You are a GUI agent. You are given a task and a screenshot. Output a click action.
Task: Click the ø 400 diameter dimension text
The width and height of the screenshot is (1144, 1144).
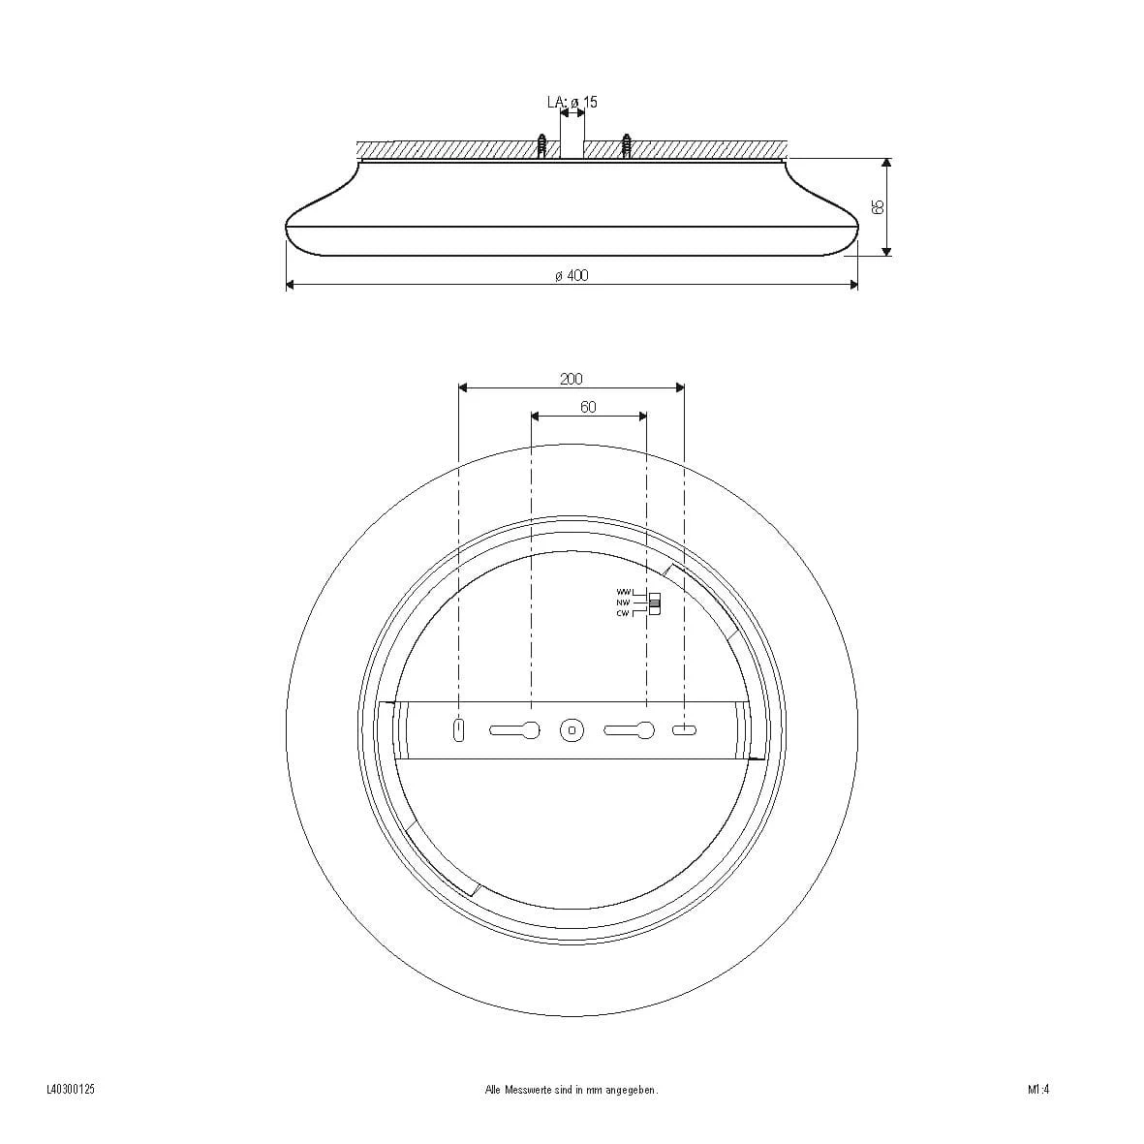pos(572,275)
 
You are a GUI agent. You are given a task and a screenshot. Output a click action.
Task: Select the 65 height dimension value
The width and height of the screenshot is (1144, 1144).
pos(879,206)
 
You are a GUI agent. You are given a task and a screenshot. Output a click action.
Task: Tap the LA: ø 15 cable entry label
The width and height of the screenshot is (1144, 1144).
pos(572,102)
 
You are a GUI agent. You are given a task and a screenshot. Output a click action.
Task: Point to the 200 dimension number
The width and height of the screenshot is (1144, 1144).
pos(572,379)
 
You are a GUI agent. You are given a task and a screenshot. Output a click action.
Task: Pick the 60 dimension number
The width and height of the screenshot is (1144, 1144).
pos(588,407)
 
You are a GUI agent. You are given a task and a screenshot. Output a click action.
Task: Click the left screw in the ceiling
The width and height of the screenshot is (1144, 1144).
pos(541,145)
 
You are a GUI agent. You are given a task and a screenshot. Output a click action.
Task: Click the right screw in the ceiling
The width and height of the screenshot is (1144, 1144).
pos(626,145)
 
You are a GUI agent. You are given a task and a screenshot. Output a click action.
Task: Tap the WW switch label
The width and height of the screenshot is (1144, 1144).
pos(623,592)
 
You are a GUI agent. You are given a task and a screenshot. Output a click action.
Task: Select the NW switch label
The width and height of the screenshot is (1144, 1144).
pos(623,603)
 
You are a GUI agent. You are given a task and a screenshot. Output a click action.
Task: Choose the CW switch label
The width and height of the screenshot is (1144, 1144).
pos(623,613)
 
